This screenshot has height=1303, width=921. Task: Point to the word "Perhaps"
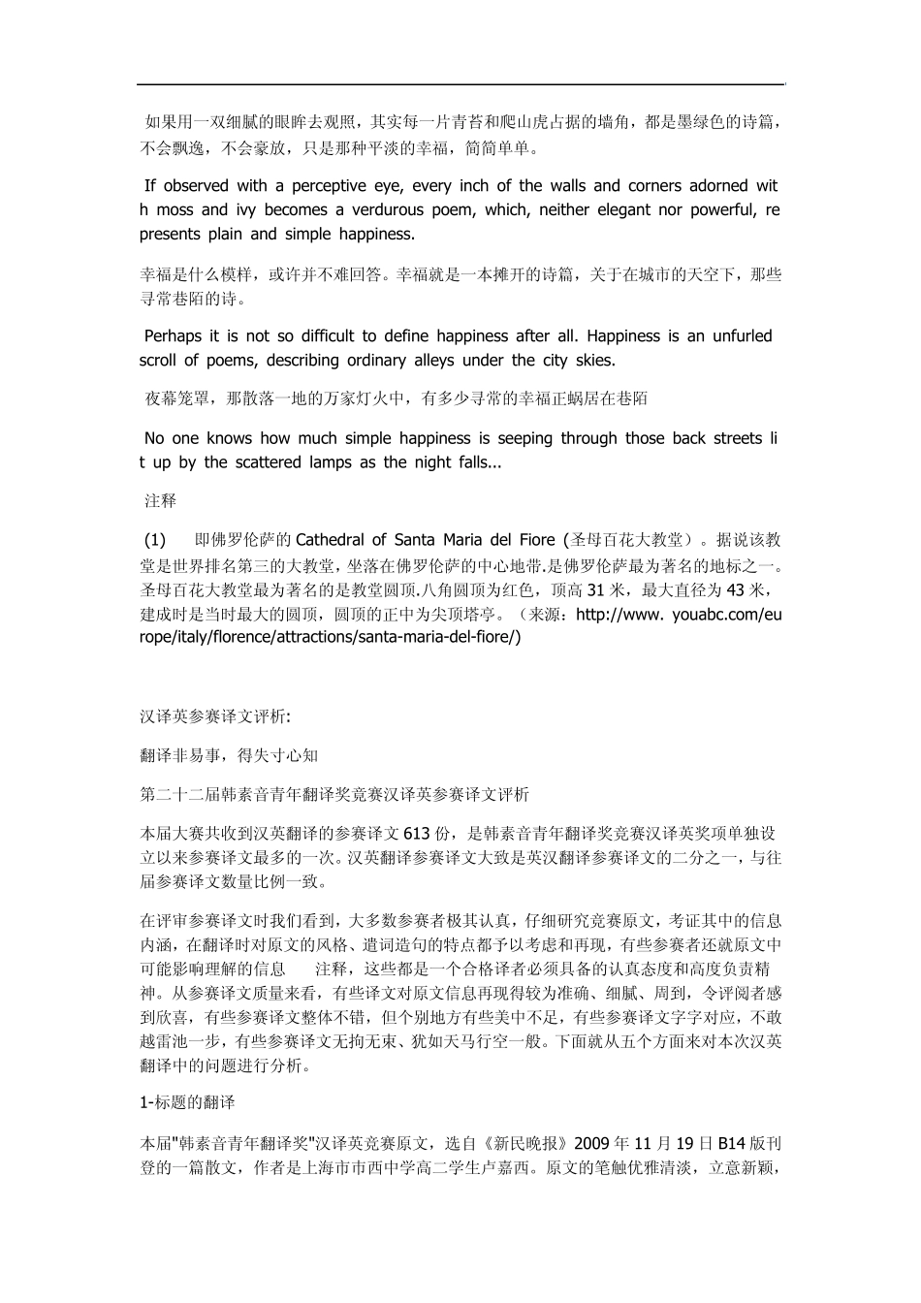(x=174, y=336)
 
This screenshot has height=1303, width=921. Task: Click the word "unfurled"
(x=743, y=336)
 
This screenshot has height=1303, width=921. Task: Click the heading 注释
(x=160, y=500)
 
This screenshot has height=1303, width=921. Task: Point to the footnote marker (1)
(x=155, y=540)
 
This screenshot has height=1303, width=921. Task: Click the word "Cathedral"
(x=330, y=540)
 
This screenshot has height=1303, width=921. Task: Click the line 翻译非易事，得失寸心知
(x=229, y=755)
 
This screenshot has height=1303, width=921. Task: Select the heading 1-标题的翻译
(x=187, y=1102)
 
